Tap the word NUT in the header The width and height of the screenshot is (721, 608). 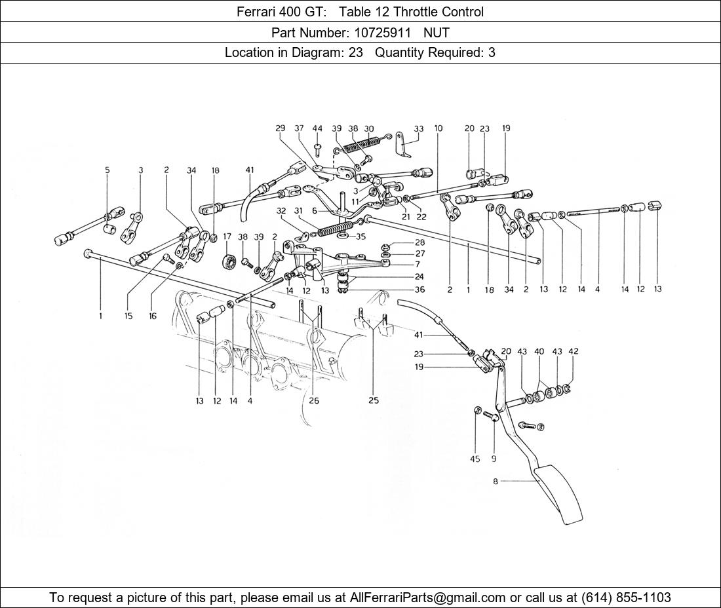(x=437, y=33)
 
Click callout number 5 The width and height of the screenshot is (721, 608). (x=107, y=170)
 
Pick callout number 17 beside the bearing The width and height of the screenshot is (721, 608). (x=227, y=237)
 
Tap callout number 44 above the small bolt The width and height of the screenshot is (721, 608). (x=317, y=128)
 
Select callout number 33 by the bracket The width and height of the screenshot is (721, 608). (x=418, y=128)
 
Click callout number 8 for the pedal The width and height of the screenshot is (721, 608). (x=496, y=482)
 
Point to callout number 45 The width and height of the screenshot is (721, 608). (x=475, y=459)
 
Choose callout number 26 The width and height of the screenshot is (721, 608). (x=314, y=401)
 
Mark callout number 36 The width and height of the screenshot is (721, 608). (x=419, y=290)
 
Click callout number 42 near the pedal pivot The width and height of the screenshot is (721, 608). (x=574, y=352)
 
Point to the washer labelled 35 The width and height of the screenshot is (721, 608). (x=342, y=237)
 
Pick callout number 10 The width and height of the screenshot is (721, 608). (x=438, y=128)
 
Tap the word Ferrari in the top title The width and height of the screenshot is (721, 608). (x=255, y=12)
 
